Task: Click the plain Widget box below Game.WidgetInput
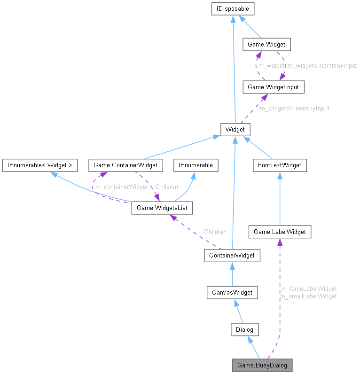coord(235,129)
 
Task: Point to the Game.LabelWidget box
coord(280,231)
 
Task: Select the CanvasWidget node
coord(232,292)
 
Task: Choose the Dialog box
coord(244,329)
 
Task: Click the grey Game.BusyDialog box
coord(262,365)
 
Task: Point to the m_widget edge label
coord(271,66)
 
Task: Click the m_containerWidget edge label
coord(121,187)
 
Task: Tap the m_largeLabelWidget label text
coord(308,288)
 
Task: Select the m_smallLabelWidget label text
coord(308,296)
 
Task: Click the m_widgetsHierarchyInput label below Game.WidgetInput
coord(295,108)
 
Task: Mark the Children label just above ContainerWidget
coord(215,232)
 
